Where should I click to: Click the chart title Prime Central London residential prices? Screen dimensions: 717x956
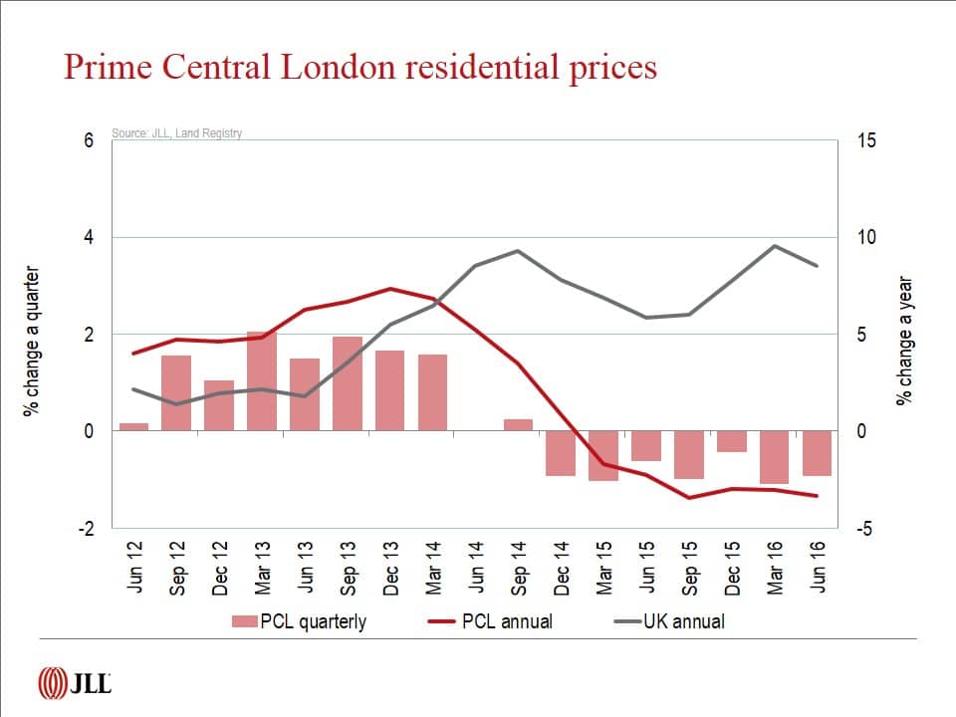(360, 67)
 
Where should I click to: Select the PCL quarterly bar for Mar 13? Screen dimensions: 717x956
(262, 381)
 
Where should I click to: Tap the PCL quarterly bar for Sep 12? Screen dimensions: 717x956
(176, 393)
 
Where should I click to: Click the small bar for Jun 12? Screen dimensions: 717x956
(133, 427)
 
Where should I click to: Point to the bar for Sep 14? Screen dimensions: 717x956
(518, 425)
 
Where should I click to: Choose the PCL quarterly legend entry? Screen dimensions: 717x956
(299, 621)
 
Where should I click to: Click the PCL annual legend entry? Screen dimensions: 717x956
(491, 621)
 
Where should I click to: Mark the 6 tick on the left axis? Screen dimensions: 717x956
(89, 140)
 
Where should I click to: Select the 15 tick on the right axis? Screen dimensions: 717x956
(866, 140)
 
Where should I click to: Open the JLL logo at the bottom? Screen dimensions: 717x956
(74, 684)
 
